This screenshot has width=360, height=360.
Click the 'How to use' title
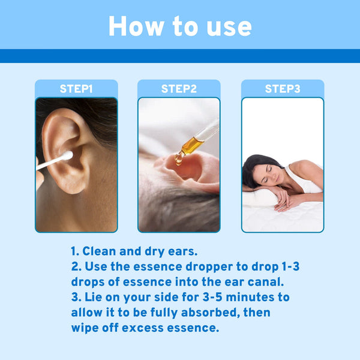point(180,26)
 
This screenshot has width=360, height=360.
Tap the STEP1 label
point(76,89)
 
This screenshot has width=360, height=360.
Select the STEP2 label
point(179,89)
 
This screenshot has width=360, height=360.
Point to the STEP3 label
point(283,89)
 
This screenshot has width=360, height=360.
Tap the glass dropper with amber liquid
point(194,142)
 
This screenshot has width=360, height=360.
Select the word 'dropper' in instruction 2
point(199,266)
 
